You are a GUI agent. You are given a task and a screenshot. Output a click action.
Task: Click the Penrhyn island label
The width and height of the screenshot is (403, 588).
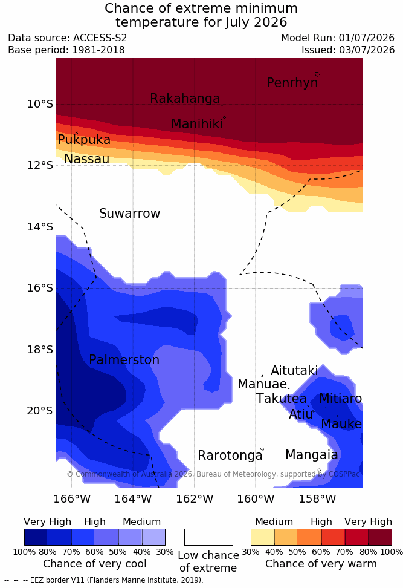[292, 83]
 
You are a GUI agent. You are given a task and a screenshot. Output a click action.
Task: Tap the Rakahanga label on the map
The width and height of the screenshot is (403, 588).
[185, 99]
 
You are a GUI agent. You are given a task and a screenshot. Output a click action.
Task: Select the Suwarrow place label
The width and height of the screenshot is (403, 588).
[129, 214]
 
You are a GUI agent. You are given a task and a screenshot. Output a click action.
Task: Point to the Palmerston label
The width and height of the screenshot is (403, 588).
[124, 360]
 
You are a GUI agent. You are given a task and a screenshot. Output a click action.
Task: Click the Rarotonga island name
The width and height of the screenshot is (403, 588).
[230, 456]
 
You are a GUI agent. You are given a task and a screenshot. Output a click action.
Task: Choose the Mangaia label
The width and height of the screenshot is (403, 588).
[312, 456]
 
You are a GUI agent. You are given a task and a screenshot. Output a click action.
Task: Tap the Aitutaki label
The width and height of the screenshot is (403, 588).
[294, 371]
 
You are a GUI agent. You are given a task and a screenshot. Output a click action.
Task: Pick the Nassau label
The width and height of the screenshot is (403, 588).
[87, 159]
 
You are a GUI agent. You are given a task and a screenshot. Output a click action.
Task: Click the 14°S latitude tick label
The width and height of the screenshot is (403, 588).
[40, 227]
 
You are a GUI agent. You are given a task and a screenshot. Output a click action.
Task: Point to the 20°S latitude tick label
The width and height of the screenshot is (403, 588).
[40, 411]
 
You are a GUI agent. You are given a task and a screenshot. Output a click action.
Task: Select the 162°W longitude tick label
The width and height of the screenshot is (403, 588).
[195, 499]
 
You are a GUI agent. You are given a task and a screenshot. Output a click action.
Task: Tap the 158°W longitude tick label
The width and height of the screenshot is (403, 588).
[317, 499]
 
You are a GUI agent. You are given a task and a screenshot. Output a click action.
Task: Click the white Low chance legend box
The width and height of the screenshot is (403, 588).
[208, 537]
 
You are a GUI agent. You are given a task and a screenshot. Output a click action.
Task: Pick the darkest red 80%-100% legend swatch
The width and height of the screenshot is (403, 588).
[380, 537]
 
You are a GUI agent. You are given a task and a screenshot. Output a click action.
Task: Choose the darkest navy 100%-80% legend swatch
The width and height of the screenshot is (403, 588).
[36, 537]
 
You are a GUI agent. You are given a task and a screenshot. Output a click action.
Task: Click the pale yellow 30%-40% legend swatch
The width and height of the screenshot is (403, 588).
[263, 537]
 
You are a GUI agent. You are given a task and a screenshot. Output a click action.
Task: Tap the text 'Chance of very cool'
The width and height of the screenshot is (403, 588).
[95, 564]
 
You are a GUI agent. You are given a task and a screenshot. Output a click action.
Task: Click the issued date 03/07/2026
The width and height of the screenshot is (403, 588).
[367, 50]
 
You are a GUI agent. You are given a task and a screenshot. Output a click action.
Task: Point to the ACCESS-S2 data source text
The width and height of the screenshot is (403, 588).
[100, 38]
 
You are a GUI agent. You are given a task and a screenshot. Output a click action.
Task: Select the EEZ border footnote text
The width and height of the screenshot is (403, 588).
[104, 580]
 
